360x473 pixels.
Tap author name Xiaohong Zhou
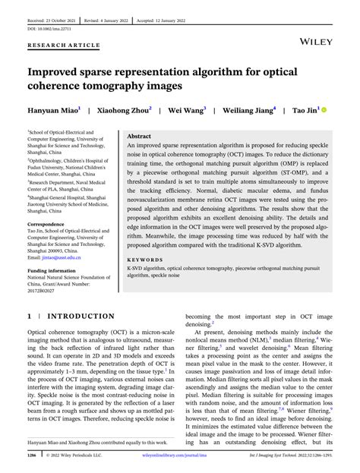125,109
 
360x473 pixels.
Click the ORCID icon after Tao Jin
324,109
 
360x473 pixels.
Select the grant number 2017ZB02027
48,291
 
